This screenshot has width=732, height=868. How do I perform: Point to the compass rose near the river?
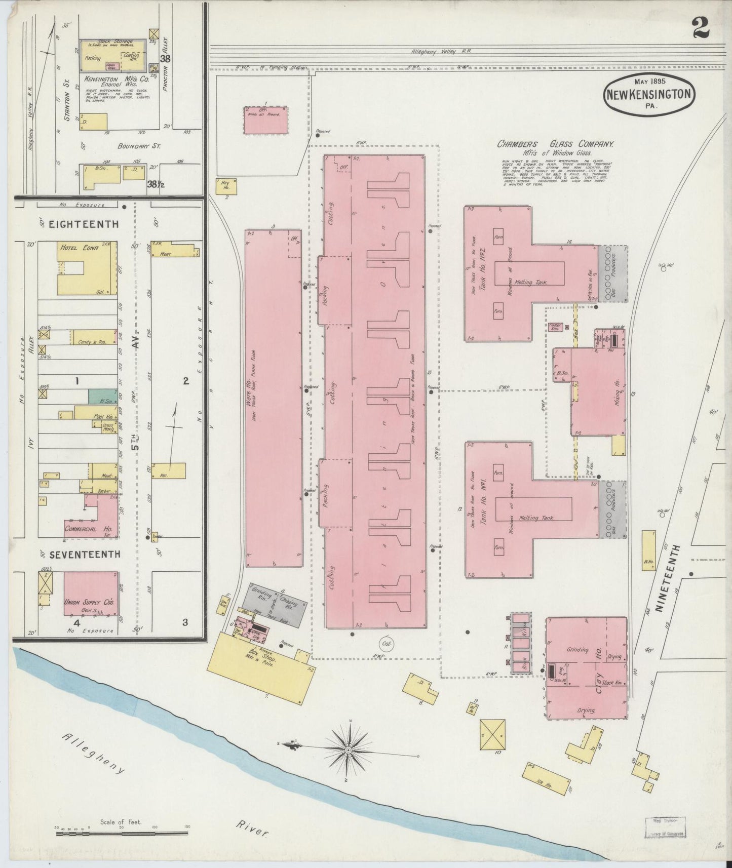point(349,749)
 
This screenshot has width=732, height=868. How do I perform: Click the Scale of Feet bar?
point(121,832)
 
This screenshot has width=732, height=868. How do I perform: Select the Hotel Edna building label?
point(80,249)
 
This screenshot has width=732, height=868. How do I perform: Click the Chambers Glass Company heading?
point(555,144)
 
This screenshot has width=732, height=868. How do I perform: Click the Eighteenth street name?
point(84,224)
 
